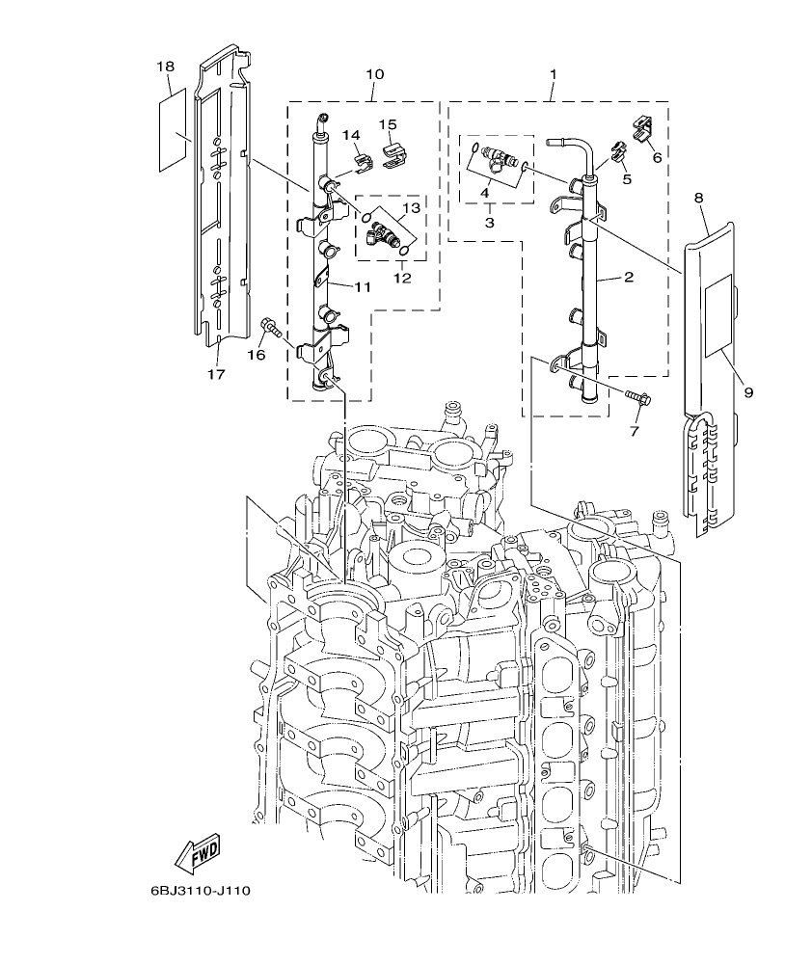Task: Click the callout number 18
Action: pyautogui.click(x=165, y=66)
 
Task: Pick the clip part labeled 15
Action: pyautogui.click(x=394, y=152)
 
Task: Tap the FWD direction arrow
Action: pyautogui.click(x=197, y=853)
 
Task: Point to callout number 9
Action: pyautogui.click(x=748, y=391)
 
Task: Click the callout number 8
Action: pyautogui.click(x=698, y=198)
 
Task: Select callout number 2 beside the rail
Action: pyautogui.click(x=628, y=278)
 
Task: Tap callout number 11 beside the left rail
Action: pyautogui.click(x=362, y=286)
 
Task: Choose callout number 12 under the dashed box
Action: pyautogui.click(x=402, y=278)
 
